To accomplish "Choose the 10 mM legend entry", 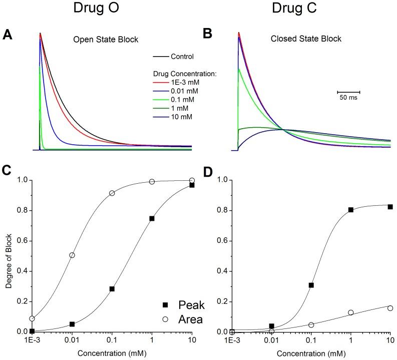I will coord(183,117).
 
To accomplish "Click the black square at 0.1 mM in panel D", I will coord(311,285).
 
